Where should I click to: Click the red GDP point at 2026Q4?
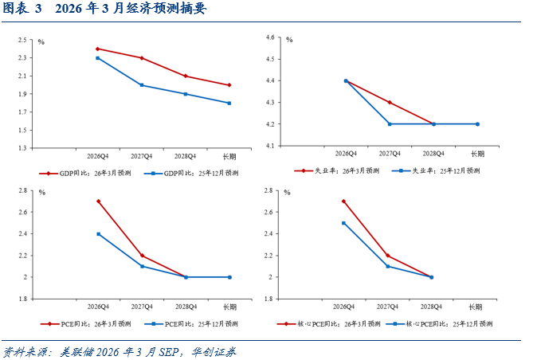pos(98,49)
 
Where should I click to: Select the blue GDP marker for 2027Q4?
pos(142,85)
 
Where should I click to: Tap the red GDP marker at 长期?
pos(229,85)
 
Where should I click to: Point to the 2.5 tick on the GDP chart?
pos(22,40)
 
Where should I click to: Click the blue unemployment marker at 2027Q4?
pos(390,124)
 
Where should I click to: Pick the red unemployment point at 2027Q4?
pos(390,102)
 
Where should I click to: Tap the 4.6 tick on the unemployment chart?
pos(270,37)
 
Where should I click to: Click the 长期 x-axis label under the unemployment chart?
pos(477,154)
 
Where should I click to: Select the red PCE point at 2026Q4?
pos(99,202)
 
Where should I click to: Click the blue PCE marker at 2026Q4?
pos(99,234)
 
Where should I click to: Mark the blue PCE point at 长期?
pos(229,277)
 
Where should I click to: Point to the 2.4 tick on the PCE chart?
pos(23,234)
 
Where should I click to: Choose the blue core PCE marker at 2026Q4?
pos(343,223)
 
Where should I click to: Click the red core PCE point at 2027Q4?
pos(387,256)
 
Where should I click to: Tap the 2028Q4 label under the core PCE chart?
pos(431,307)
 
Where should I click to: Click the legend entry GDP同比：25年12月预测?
pos(191,174)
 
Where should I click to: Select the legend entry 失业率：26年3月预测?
pos(336,170)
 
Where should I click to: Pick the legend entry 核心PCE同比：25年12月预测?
pos(439,324)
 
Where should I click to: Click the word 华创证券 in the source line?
pos(214,352)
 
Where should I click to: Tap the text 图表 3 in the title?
pos(22,9)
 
